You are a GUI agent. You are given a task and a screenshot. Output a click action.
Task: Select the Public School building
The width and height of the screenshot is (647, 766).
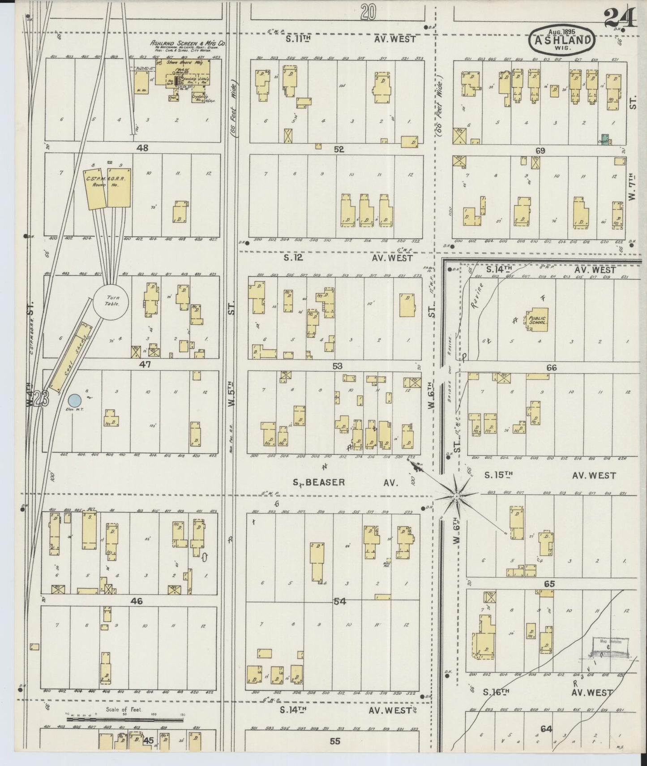tap(537, 318)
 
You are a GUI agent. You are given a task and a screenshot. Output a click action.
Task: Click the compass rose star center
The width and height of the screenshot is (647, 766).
tap(456, 496)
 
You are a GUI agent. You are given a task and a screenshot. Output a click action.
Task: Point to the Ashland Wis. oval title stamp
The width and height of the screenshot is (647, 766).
tap(562, 40)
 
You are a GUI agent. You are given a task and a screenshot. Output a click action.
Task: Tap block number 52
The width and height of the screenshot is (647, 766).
tap(338, 150)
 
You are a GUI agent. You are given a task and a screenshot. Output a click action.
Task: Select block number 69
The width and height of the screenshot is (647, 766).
tap(540, 151)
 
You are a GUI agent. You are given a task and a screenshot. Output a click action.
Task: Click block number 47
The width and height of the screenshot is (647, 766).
tap(145, 365)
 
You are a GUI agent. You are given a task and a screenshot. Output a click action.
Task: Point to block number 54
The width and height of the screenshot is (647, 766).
tap(340, 602)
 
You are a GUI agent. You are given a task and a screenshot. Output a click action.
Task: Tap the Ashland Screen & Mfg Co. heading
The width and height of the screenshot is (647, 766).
tap(188, 44)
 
